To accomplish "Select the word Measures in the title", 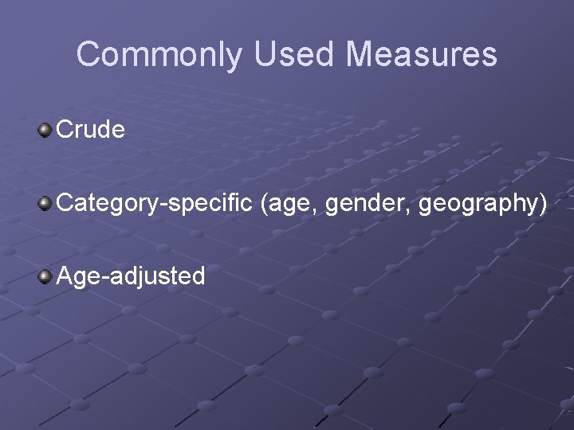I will tap(422, 55).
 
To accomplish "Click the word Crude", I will tap(91, 129).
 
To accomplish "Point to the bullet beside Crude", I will tap(45, 129).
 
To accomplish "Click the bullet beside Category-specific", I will tap(45, 203).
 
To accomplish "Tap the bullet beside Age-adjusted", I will tap(45, 276).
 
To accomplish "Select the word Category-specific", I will tap(155, 203).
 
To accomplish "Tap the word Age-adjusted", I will tap(131, 276).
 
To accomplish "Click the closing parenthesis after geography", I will tap(543, 204).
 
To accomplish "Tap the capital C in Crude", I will tap(65, 129).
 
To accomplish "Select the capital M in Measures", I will tap(360, 55).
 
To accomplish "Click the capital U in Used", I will tap(266, 55).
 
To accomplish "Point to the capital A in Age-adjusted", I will tap(65, 276).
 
